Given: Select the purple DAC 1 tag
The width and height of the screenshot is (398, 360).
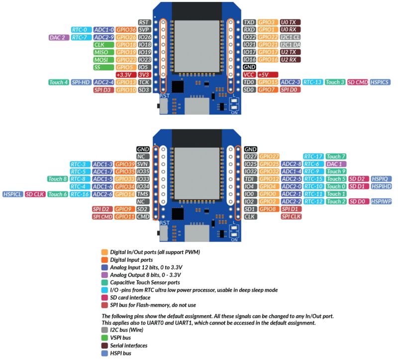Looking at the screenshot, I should click(335, 164).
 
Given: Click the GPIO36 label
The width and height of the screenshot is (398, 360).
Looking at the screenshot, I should click(126, 30).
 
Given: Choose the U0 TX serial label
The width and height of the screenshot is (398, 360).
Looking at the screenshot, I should click(290, 22).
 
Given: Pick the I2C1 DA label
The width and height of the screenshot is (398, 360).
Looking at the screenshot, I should click(290, 44).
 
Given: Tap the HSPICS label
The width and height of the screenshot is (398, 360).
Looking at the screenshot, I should click(381, 82).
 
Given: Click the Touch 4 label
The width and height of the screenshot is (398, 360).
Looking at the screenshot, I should click(58, 82).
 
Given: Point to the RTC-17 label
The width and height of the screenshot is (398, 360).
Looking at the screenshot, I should click(313, 157).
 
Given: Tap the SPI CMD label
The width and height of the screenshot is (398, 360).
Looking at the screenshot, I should click(102, 217).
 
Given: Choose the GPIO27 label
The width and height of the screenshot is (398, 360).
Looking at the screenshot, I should click(269, 157).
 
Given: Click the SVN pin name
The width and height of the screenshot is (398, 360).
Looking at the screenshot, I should click(143, 164).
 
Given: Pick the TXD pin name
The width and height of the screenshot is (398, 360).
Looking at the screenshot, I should click(249, 22).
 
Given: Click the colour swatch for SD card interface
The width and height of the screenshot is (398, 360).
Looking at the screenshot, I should click(104, 297).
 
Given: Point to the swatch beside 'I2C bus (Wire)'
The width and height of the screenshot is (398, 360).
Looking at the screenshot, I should click(104, 330).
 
